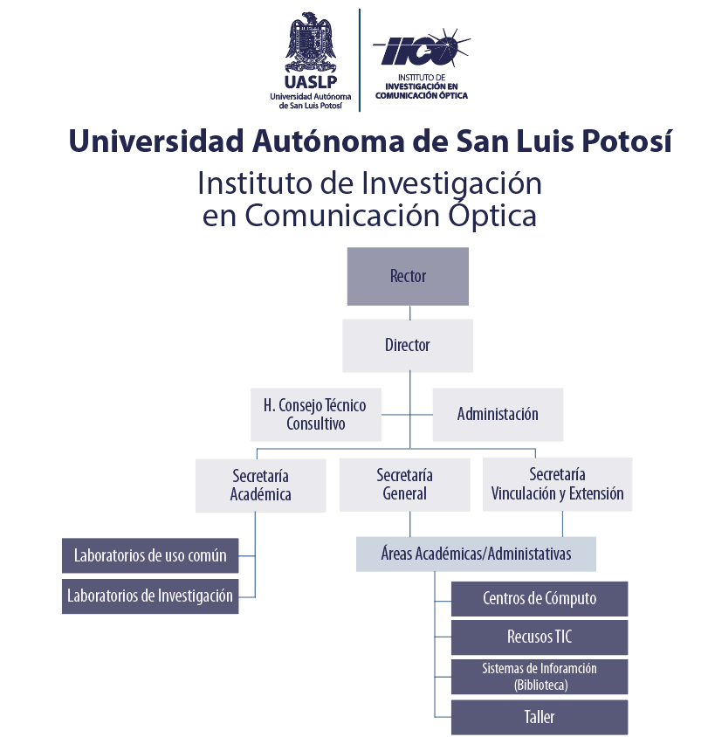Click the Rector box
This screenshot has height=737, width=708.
click(x=408, y=276)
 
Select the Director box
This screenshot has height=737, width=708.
click(x=408, y=346)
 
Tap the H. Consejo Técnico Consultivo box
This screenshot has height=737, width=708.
click(x=316, y=415)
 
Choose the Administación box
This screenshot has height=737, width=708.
click(x=498, y=415)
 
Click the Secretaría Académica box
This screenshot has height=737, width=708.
click(x=261, y=486)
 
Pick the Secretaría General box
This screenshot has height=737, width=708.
click(x=405, y=485)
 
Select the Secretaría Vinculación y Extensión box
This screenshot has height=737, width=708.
click(x=558, y=484)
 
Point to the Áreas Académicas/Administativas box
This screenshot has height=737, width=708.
click(x=476, y=554)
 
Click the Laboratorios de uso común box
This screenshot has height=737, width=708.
click(x=150, y=555)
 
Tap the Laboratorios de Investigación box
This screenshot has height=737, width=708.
click(x=150, y=596)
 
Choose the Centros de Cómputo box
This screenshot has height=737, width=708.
click(x=540, y=599)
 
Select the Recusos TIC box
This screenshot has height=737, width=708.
click(x=540, y=637)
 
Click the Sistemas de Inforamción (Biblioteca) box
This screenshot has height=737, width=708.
click(x=540, y=677)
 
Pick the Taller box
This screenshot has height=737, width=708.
click(x=540, y=717)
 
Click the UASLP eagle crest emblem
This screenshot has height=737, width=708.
click(x=311, y=42)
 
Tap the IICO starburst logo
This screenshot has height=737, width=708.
click(x=422, y=48)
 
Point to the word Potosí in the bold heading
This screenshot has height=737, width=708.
click(x=627, y=141)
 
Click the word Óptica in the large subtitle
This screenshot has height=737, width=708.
click(x=491, y=216)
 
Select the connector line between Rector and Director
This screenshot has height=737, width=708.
click(x=410, y=313)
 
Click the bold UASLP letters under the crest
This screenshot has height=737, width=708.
click(x=311, y=82)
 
